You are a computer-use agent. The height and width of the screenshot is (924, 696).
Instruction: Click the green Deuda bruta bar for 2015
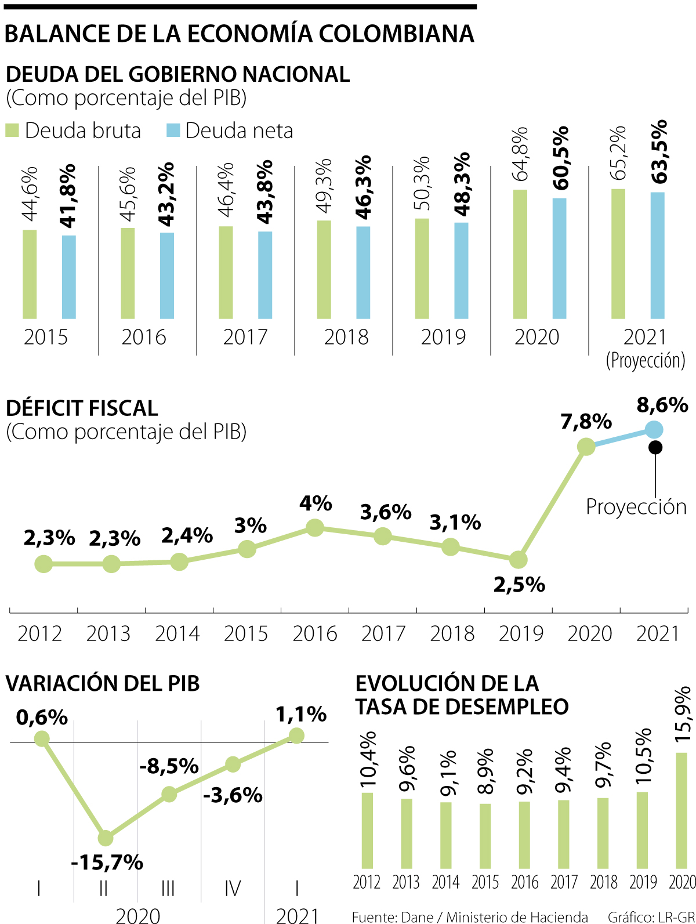pyautogui.click(x=30, y=274)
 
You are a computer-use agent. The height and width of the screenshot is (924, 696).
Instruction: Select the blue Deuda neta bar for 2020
pyautogui.click(x=559, y=259)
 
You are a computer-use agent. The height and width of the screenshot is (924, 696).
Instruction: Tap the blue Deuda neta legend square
pyautogui.click(x=173, y=131)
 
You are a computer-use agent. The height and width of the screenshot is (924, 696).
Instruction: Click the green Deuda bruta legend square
pyautogui.click(x=12, y=131)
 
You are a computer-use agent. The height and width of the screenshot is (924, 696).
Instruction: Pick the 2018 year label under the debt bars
pyautogui.click(x=346, y=337)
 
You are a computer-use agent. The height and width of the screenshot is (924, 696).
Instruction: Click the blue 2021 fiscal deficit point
pyautogui.click(x=654, y=430)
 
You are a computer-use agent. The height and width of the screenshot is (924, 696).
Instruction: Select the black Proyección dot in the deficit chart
pyautogui.click(x=655, y=447)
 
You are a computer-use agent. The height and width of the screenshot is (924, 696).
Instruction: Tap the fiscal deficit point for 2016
pyautogui.click(x=314, y=528)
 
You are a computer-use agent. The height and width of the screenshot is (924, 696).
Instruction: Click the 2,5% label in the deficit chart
pyautogui.click(x=519, y=585)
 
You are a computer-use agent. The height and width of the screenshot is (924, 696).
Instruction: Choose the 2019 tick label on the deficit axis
pyautogui.click(x=521, y=633)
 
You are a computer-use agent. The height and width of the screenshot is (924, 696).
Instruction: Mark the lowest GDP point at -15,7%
pyautogui.click(x=106, y=838)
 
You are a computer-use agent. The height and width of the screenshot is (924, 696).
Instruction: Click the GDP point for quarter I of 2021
pyautogui.click(x=296, y=735)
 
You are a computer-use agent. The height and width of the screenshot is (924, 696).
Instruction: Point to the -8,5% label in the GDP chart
pyautogui.click(x=169, y=766)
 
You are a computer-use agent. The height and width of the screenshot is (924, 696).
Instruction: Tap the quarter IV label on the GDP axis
pyautogui.click(x=232, y=888)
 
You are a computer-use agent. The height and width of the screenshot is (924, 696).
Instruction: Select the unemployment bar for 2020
pyautogui.click(x=681, y=810)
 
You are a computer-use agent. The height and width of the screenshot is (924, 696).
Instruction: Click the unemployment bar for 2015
pyautogui.click(x=485, y=836)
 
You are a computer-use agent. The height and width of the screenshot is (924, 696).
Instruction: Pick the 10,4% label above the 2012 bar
pyautogui.click(x=368, y=759)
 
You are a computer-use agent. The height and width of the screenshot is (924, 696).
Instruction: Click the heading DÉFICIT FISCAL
pyautogui.click(x=82, y=408)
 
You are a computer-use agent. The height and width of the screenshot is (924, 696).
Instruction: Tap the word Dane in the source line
pyautogui.click(x=417, y=917)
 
